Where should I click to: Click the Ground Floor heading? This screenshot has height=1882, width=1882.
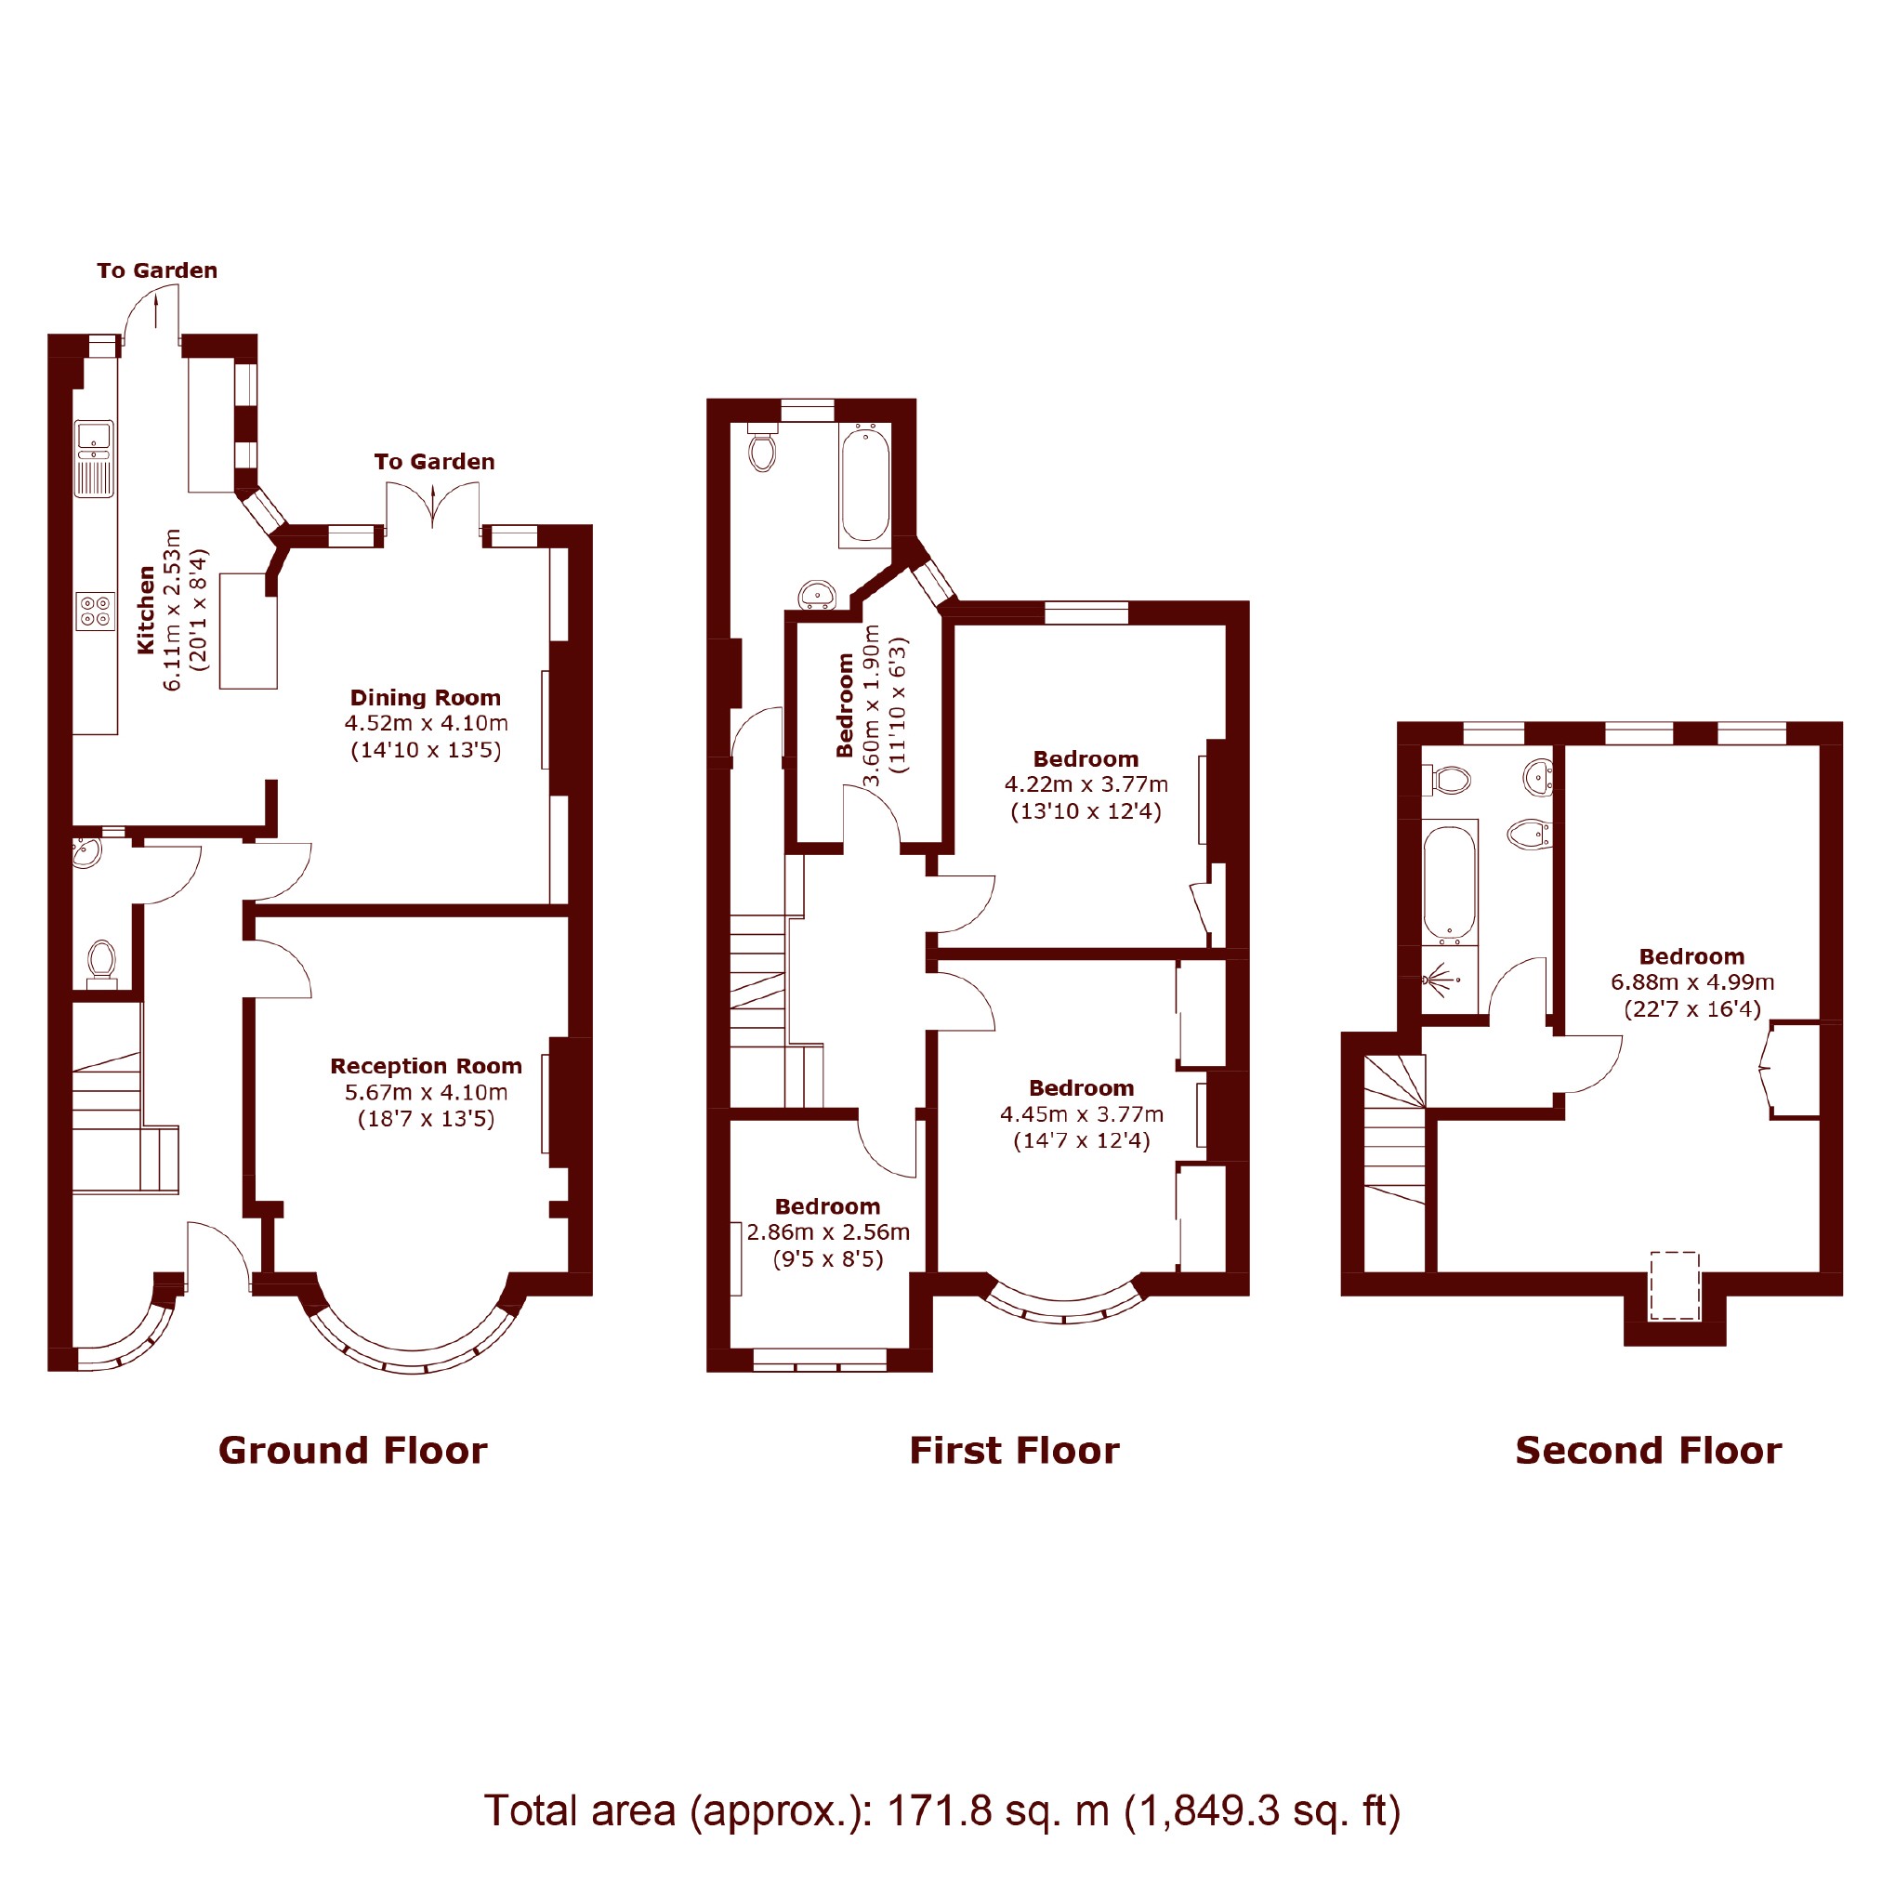352,1451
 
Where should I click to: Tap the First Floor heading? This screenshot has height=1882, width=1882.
1014,1451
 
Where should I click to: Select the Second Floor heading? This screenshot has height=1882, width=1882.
1648,1451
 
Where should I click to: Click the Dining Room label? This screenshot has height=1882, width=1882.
426,697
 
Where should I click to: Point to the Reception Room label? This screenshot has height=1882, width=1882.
426,1066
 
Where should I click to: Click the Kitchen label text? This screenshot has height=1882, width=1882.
145,610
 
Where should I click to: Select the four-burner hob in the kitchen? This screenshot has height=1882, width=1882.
96,611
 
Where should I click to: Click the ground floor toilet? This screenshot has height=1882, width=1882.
101,964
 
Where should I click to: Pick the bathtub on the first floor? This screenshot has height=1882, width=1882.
865,483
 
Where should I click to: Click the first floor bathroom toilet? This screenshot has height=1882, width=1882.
763,447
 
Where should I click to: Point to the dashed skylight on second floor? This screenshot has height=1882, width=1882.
1675,1286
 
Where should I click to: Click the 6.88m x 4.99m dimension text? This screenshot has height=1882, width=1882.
1692,982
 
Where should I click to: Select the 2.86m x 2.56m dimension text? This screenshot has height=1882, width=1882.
828,1232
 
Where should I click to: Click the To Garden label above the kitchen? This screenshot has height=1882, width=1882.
157,270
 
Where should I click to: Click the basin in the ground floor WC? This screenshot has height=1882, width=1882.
86,851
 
